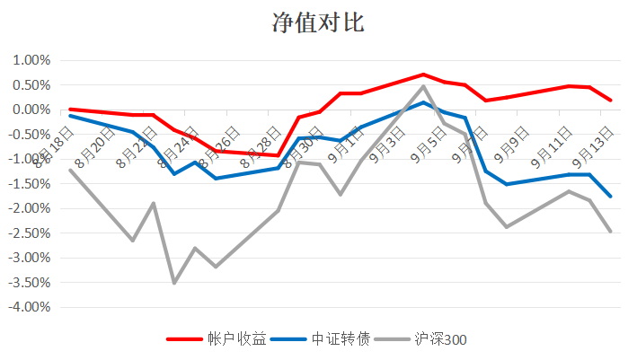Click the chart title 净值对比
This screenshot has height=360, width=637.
(318, 23)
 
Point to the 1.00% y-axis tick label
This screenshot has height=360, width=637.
(31, 60)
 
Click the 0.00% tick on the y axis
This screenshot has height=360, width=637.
(31, 110)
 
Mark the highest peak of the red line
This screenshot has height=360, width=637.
(423, 75)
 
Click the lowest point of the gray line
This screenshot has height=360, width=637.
(174, 283)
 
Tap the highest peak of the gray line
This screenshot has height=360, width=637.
(423, 86)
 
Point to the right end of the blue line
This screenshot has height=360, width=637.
(611, 196)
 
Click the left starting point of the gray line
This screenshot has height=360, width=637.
(70, 170)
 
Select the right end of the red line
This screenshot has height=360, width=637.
(611, 100)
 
